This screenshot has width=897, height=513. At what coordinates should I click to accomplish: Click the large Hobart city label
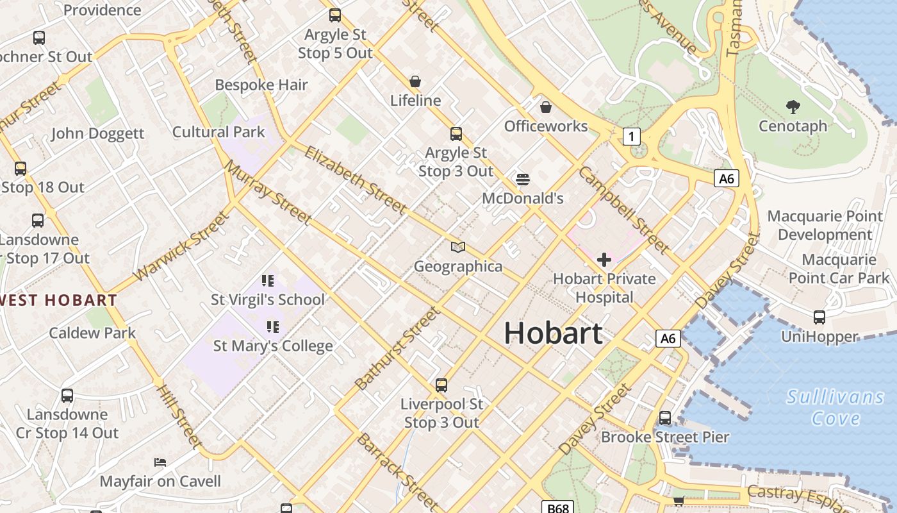click(x=553, y=333)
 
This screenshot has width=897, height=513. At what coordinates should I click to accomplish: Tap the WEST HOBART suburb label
click(x=59, y=300)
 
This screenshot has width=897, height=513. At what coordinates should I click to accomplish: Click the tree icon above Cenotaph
click(x=793, y=107)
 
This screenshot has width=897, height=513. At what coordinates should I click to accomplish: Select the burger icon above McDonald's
click(x=523, y=180)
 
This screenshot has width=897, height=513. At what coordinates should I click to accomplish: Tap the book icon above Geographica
click(x=457, y=248)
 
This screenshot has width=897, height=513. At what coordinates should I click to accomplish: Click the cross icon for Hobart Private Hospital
click(x=604, y=260)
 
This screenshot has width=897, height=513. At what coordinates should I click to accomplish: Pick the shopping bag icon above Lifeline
click(x=415, y=82)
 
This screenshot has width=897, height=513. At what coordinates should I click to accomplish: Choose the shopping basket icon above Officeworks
click(x=545, y=107)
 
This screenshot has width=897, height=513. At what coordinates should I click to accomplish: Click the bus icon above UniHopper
click(x=819, y=317)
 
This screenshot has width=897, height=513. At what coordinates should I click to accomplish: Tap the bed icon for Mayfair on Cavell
click(x=160, y=462)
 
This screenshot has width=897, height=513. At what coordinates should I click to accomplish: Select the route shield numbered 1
click(x=632, y=136)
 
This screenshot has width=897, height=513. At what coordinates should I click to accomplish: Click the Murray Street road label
click(x=268, y=192)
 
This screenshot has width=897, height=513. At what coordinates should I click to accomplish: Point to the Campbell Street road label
click(x=623, y=209)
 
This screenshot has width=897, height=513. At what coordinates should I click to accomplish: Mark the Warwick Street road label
click(x=181, y=247)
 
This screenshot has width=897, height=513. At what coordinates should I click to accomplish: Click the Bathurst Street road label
click(x=397, y=348)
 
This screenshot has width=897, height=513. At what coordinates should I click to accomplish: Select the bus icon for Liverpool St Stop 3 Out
click(x=441, y=385)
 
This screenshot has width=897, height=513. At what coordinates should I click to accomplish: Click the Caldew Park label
click(x=92, y=333)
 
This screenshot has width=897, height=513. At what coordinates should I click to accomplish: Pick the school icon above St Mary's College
click(x=273, y=327)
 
